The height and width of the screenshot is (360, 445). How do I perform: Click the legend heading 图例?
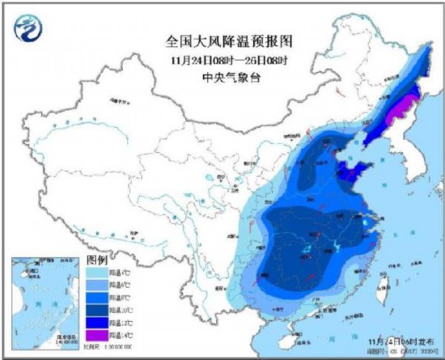tap(97, 260)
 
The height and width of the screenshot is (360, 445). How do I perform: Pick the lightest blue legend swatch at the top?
tap(98, 273)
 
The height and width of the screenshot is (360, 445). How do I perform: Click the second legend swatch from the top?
tap(98, 286)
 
